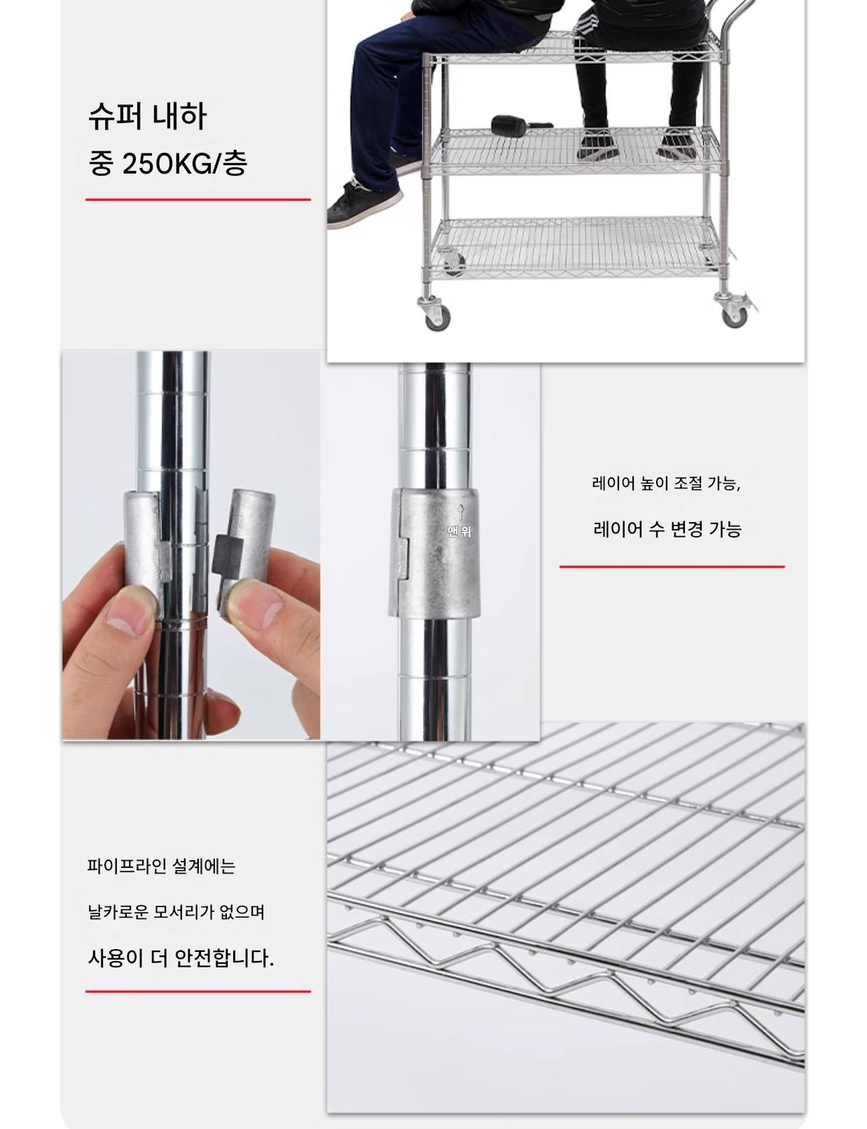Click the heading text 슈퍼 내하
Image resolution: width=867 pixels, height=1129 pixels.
pos(148,116)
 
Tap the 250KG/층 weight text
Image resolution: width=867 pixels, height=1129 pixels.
pos(184,164)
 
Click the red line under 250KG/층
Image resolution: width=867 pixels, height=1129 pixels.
pos(198,199)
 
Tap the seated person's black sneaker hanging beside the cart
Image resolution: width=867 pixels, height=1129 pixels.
pos(364,204)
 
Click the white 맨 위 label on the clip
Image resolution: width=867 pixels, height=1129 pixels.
pos(459,531)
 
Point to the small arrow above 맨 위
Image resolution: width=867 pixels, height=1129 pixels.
pos(460,512)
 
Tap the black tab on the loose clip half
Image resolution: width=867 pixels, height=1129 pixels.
pos(228,554)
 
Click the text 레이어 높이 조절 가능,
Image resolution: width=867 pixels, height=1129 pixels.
pos(667,483)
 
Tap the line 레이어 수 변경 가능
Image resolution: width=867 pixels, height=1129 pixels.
pos(667,529)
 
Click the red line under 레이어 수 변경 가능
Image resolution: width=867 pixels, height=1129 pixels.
pos(672,566)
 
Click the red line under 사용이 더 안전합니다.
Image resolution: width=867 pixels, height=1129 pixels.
pos(198,991)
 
